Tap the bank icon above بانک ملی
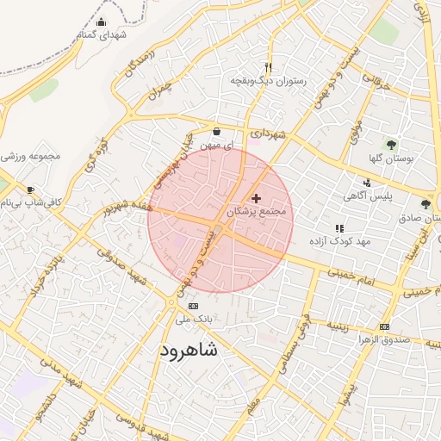pos(192,307)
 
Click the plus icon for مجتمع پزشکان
pos(255,198)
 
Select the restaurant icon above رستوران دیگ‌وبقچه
pos(268,67)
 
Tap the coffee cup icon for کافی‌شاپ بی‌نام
pos(31,189)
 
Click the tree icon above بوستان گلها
pos(392,145)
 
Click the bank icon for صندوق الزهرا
pos(383,326)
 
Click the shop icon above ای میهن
pos(215,132)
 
